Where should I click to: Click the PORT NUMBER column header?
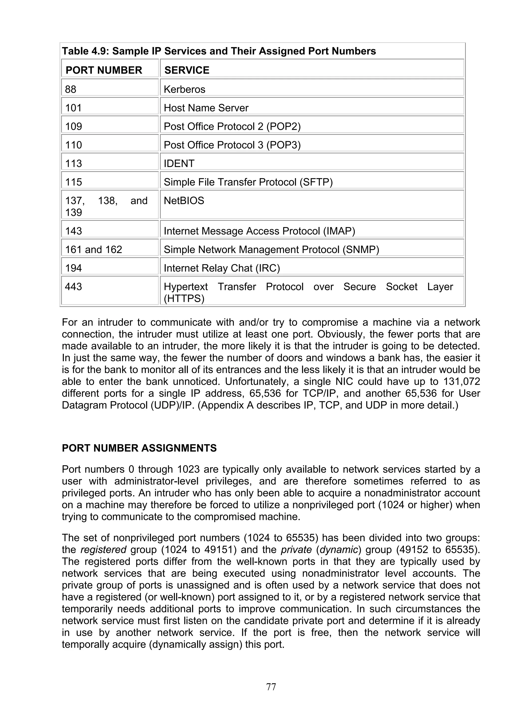point(104,70)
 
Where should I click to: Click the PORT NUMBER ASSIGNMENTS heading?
point(139,448)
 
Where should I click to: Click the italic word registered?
point(103,550)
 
